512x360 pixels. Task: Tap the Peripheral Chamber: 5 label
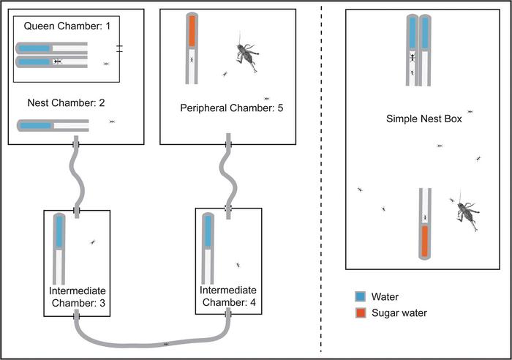point(231,108)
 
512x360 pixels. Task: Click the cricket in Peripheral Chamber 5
point(247,56)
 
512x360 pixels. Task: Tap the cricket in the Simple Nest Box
point(467,214)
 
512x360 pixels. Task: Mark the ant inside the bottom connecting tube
point(167,343)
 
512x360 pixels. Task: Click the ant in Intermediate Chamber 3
point(92,242)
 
